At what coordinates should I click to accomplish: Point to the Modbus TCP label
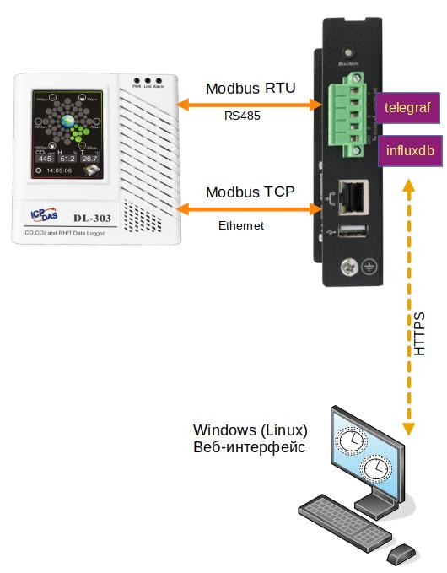coord(250,192)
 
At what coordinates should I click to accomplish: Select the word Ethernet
coord(241,225)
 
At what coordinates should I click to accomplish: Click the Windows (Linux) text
coord(250,430)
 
